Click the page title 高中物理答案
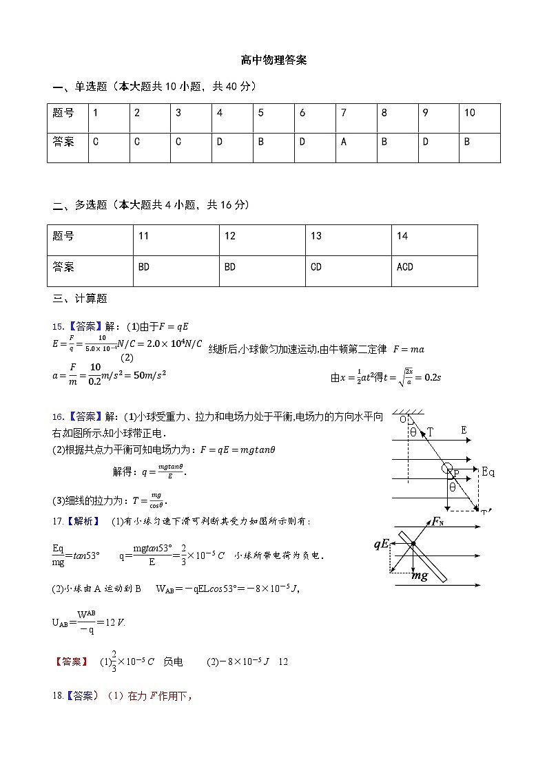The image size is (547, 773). tap(273, 60)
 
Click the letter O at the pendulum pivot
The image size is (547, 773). tap(402, 419)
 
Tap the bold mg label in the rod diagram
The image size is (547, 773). tap(420, 575)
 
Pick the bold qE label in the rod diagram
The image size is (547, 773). tap(383, 544)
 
